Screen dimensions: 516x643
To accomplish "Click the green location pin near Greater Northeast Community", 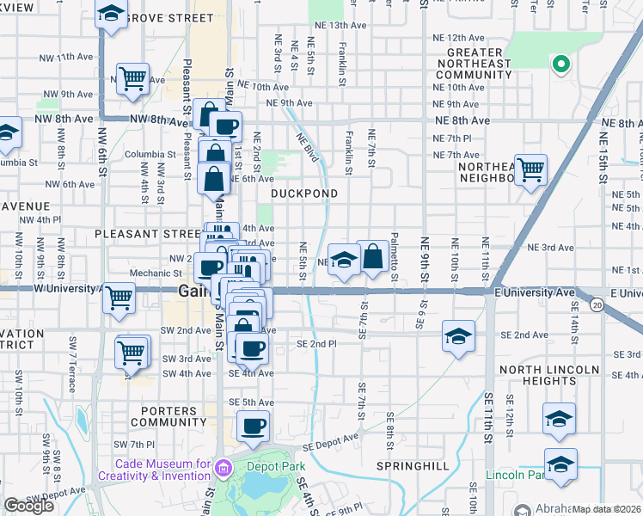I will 561,64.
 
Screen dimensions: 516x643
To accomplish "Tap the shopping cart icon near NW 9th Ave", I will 132,79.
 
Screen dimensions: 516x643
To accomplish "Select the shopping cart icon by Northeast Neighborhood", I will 530,169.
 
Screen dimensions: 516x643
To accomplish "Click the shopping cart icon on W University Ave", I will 119,298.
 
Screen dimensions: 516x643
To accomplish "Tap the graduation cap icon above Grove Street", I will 111,14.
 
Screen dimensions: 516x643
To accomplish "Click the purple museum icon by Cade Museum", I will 224,469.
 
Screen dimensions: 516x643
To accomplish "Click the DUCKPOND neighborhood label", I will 304,193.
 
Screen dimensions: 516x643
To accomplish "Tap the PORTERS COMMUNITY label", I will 169,416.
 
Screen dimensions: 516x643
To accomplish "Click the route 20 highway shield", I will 597,304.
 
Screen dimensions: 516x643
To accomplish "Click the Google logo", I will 28,506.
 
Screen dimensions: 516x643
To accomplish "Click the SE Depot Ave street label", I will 334,441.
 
